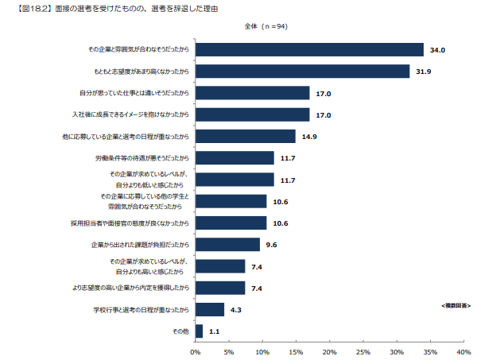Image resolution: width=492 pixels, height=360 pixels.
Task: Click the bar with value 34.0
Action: (309, 50)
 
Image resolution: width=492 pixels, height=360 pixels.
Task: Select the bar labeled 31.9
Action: (302, 72)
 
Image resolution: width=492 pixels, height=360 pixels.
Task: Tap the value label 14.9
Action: (309, 137)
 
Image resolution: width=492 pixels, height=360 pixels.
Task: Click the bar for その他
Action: (199, 331)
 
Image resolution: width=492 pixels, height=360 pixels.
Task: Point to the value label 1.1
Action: (214, 331)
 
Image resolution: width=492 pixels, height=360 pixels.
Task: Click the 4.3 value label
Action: (237, 309)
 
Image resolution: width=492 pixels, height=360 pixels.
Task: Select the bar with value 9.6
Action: (227, 244)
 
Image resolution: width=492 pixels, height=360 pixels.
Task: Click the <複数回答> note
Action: (455, 304)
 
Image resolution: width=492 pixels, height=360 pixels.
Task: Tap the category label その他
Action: (180, 331)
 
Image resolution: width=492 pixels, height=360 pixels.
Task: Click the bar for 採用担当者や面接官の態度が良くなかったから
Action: (231, 223)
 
